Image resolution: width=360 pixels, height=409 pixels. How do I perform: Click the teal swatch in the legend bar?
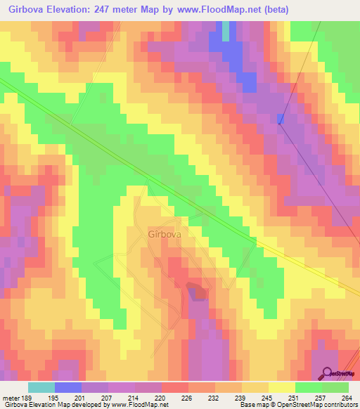[41, 387]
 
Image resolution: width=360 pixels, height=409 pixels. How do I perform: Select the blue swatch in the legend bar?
[67, 387]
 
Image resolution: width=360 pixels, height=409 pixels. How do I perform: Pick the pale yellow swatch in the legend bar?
[281, 387]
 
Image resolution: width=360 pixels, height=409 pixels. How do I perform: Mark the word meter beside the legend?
[9, 398]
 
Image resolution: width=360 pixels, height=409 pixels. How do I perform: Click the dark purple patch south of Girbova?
[196, 290]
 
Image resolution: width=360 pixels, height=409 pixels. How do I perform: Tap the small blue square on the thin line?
[280, 119]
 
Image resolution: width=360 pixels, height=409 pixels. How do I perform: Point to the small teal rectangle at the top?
[226, 31]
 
